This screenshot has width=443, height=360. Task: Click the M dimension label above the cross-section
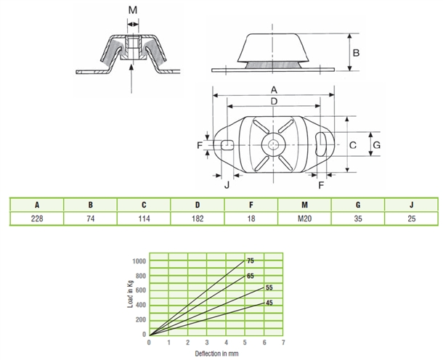click(x=133, y=10)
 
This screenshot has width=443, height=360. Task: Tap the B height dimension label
click(x=357, y=53)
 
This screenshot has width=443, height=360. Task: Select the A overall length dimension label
click(x=274, y=90)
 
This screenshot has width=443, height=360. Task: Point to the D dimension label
click(x=274, y=101)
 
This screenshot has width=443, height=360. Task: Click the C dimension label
click(x=353, y=145)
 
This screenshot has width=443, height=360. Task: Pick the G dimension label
click(x=377, y=145)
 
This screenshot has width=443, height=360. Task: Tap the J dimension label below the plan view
click(x=227, y=185)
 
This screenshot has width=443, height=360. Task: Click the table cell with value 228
click(x=37, y=218)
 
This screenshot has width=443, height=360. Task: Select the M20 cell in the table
click(x=304, y=218)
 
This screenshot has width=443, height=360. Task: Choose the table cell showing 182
click(x=198, y=218)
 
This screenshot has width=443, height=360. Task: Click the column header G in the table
click(x=358, y=205)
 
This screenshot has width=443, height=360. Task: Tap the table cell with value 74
click(x=90, y=218)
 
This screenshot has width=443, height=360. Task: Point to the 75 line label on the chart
click(x=251, y=261)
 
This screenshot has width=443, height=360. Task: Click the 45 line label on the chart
click(x=269, y=303)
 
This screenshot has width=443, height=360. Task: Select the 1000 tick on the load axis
click(x=139, y=261)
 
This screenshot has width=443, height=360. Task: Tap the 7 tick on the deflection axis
click(x=283, y=343)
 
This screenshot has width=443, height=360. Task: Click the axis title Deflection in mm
click(x=216, y=353)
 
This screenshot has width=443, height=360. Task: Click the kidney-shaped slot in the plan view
click(x=321, y=144)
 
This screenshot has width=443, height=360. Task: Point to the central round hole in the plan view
click(x=274, y=145)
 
